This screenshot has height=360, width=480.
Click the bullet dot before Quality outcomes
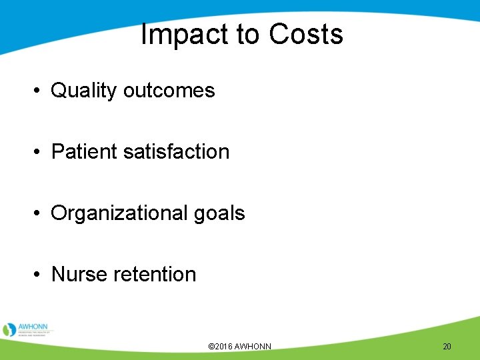pyautogui.click(x=39, y=91)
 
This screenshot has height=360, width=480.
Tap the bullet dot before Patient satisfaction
pyautogui.click(x=39, y=153)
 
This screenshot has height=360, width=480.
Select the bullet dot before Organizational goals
pyautogui.click(x=39, y=214)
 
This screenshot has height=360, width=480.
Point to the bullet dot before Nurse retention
pyautogui.click(x=39, y=275)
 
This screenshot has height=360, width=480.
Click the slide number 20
pyautogui.click(x=447, y=347)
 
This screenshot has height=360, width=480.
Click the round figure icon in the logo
pyautogui.click(x=9, y=329)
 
